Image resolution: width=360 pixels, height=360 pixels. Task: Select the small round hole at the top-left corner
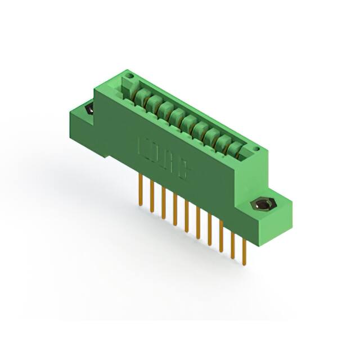tap(129, 75)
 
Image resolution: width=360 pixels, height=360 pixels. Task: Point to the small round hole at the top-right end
tap(256, 150)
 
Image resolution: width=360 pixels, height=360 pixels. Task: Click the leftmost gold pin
tap(140, 188)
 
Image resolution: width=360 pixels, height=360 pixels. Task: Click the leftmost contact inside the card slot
tap(139, 95)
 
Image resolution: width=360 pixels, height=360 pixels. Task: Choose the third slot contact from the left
tap(164, 109)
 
